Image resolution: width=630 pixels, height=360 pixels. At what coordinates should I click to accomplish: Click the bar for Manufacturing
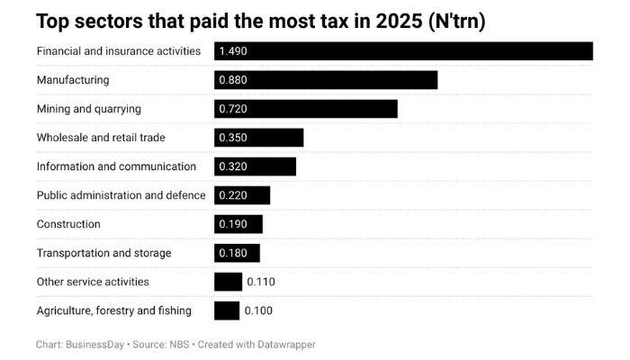pos(326,80)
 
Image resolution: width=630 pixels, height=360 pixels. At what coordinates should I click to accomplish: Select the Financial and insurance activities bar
pos(403,51)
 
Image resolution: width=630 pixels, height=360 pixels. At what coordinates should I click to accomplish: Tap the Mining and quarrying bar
pos(306,109)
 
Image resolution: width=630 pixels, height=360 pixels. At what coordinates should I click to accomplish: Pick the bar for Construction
pos(238,224)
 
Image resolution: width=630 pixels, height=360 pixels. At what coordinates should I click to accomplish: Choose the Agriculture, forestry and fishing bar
pos(227,310)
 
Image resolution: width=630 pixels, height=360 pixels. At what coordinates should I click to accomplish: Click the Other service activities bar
pos(228,282)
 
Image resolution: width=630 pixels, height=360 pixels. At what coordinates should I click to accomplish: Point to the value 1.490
pos(233,51)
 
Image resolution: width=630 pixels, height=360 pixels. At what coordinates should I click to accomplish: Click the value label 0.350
pos(233,138)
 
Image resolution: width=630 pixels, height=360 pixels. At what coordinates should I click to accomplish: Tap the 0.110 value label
pos(261,282)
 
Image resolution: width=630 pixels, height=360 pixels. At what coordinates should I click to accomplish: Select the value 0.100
pos(258,310)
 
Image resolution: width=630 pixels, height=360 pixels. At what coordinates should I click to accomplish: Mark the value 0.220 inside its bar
pos(233,195)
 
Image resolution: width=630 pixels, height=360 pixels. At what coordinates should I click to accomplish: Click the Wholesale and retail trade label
pos(101,138)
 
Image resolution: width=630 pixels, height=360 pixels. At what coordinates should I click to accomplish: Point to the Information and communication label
pos(116,166)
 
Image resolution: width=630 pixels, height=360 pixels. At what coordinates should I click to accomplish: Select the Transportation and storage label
pos(103,253)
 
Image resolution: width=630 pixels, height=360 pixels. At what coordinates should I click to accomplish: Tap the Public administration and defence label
pos(121,195)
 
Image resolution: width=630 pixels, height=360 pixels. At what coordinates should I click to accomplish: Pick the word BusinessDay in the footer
pos(95,345)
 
